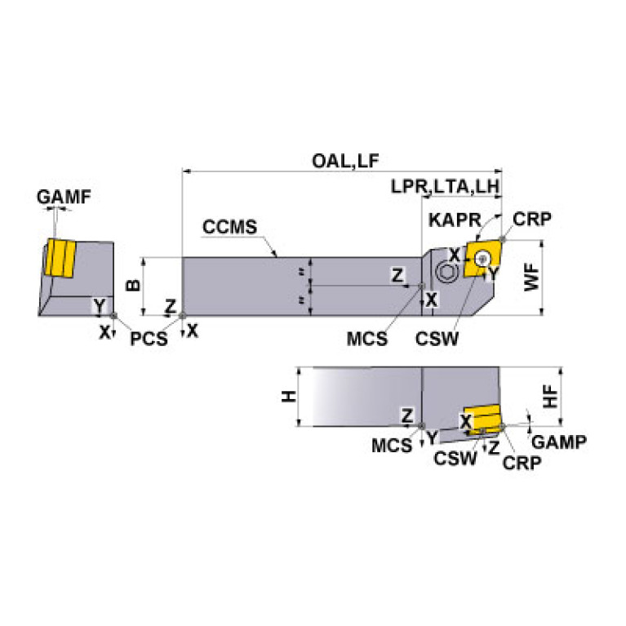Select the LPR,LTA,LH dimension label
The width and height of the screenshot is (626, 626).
444,186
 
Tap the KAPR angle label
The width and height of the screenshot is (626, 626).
448,221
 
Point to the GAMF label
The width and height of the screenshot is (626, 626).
63,197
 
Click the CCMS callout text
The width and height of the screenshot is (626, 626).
229,226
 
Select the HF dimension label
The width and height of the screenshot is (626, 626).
552,397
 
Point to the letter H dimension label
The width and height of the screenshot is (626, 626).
287,397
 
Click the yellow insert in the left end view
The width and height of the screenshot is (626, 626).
60,258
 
